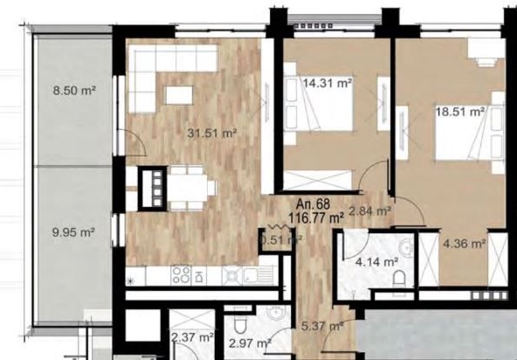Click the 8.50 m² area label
74,90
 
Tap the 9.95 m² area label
73,233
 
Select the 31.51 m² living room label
213,134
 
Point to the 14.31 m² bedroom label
327,84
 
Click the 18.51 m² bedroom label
460,112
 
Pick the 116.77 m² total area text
317,219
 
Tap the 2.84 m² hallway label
370,210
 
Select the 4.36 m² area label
465,245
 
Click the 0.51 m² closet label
281,237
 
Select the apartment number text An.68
316,207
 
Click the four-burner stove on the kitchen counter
182,276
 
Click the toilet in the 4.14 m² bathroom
400,277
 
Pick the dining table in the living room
189,184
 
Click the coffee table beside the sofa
181,94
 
